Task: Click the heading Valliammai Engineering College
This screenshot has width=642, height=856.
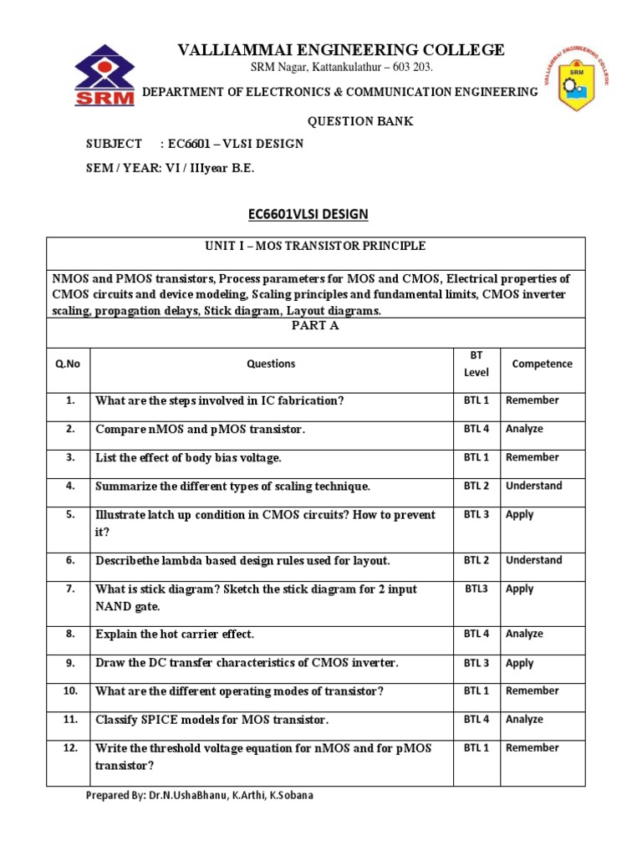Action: tap(341, 50)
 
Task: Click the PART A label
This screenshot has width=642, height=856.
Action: tap(314, 326)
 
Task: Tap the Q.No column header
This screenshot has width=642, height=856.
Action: tap(67, 364)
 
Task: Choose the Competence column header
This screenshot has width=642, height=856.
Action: tap(542, 364)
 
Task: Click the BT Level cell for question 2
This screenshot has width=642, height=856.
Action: tap(476, 429)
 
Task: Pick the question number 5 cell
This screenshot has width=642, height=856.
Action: tap(70, 515)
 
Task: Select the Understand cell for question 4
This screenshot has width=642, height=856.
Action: tap(533, 486)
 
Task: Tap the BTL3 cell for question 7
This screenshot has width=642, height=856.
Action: tap(476, 588)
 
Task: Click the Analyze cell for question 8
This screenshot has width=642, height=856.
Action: tap(524, 634)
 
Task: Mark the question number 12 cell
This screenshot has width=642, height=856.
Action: tap(70, 748)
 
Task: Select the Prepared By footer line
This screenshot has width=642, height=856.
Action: tap(199, 795)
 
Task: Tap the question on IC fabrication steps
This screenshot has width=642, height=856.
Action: tap(219, 400)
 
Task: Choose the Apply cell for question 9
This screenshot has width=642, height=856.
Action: tap(519, 663)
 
